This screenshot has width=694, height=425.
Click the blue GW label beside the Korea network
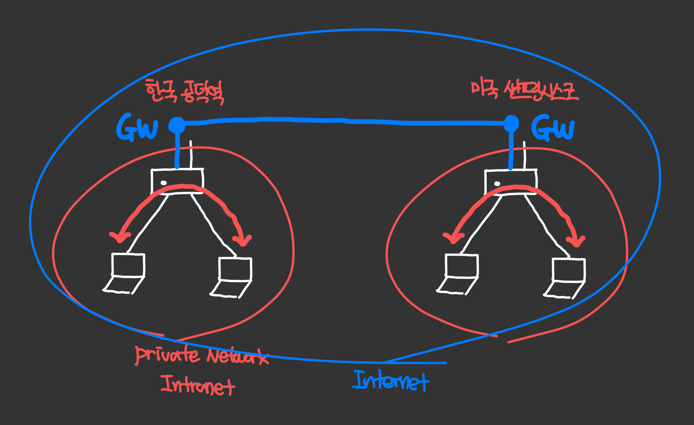tap(137, 128)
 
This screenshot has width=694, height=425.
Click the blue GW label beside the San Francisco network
tap(553, 128)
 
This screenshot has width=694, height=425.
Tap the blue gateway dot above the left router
tap(177, 125)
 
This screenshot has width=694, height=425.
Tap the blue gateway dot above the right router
tap(511, 123)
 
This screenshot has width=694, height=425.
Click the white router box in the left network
tap(177, 181)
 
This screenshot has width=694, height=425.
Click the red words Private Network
tap(201, 356)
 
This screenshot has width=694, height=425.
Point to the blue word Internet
tap(391, 381)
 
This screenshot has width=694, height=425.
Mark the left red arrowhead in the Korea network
tap(119, 237)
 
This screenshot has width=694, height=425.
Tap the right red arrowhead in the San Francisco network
tap(576, 241)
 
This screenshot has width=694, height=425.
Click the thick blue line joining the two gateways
tap(344, 121)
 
